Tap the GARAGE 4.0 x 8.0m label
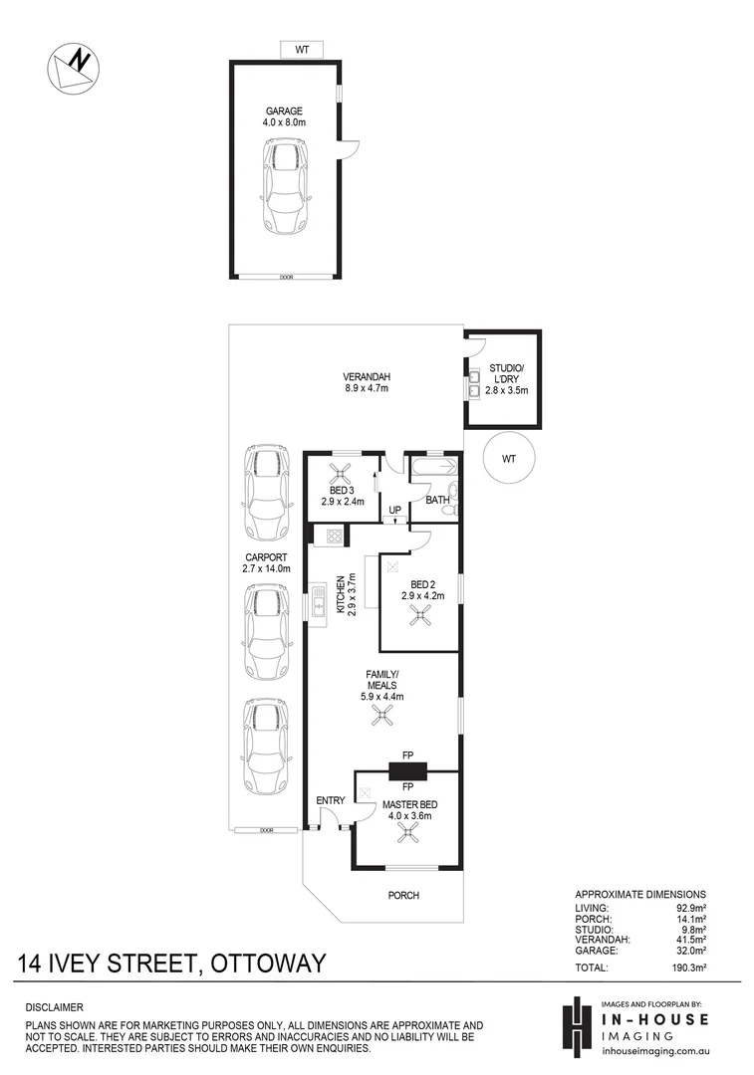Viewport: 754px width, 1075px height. [x=285, y=117]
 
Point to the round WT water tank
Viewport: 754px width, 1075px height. [x=509, y=459]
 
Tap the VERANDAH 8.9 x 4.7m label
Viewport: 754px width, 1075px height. [x=366, y=382]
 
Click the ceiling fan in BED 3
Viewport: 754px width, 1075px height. [x=344, y=475]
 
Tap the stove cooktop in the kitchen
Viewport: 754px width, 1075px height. [x=331, y=537]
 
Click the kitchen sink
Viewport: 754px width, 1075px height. [x=319, y=603]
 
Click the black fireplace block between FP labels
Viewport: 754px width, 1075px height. [x=407, y=770]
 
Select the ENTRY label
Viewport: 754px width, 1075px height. [x=330, y=801]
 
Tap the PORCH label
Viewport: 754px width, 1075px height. [x=403, y=896]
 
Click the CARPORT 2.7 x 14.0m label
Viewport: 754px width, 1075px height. [x=266, y=562]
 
